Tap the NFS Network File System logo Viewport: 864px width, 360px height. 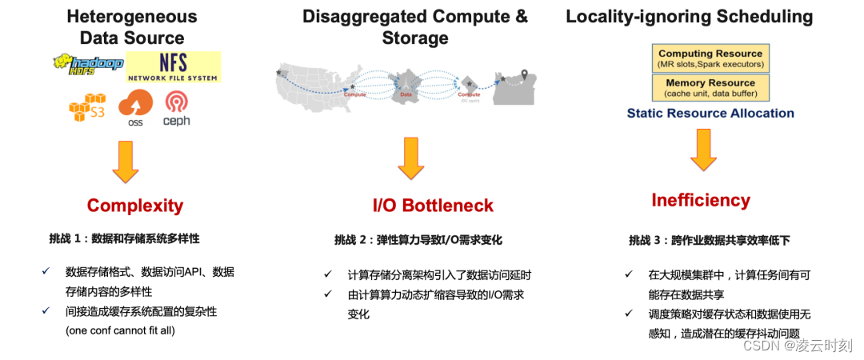pos(173,66)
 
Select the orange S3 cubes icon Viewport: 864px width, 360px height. pos(86,107)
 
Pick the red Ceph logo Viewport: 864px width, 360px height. pos(176,107)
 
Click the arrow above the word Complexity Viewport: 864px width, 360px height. pos(126,160)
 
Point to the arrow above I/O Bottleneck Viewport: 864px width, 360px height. pos(410,157)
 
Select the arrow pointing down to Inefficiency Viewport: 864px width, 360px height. pos(703,150)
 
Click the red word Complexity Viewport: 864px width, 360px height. pos(135,206)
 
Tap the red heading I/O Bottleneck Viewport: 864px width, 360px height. pos(433,206)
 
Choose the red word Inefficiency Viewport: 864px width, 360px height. pos(701,200)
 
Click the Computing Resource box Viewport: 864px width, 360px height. pos(710,58)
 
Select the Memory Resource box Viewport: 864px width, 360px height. pos(710,87)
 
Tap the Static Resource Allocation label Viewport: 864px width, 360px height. pos(710,114)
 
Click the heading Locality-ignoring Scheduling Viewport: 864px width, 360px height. pos(689,17)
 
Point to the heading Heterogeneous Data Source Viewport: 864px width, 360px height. pos(132,26)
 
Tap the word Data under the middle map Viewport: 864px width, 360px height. pos(406,94)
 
